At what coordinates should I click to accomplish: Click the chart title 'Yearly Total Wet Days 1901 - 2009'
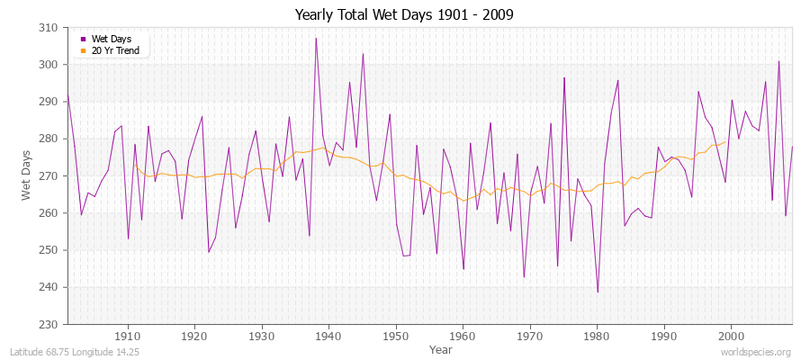[405, 14]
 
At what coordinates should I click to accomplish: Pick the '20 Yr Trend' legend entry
[114, 50]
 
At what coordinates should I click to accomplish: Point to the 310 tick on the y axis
[49, 28]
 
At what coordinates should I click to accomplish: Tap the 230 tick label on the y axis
[49, 324]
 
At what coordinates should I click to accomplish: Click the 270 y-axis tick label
[49, 176]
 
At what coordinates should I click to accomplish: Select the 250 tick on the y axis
[49, 250]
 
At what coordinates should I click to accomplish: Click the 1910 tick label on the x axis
[128, 335]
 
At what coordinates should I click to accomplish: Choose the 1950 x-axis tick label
[395, 335]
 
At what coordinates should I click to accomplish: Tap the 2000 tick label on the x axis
[730, 335]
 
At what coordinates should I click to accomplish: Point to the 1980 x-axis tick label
[596, 335]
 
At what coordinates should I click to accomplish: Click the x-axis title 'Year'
[441, 348]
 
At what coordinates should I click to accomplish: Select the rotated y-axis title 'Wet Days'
[27, 176]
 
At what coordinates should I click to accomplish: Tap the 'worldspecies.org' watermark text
[755, 352]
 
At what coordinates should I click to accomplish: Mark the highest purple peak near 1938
[316, 39]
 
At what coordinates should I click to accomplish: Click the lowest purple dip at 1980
[597, 292]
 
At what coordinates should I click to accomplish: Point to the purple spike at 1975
[563, 78]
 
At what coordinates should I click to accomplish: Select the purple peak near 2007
[778, 62]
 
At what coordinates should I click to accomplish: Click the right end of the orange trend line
[724, 141]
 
